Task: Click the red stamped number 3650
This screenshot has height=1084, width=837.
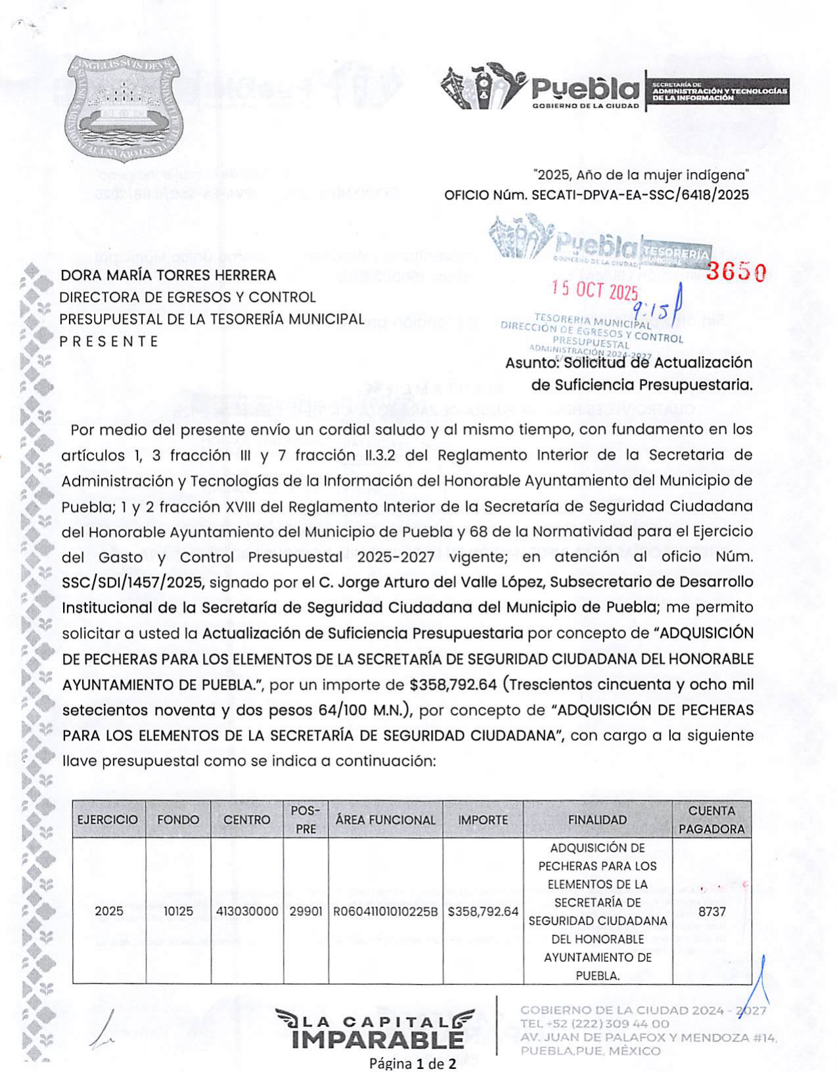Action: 735,272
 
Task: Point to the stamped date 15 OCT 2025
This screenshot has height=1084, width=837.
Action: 595,290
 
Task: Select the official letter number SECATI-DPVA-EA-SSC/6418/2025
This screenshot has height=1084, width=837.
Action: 640,195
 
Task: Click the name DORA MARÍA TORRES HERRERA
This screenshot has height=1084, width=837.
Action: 168,275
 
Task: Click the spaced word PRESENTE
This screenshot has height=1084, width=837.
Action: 109,341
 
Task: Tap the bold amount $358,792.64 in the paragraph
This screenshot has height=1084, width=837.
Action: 453,685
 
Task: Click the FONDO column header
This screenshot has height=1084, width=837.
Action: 178,819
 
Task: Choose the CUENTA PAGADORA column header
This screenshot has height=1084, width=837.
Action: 712,819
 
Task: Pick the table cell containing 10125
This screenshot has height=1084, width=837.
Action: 178,911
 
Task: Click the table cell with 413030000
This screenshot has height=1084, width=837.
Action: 247,911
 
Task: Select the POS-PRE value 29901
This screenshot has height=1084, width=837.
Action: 306,911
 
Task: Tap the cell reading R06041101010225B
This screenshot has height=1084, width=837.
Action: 386,911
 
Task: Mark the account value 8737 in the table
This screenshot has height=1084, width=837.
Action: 712,911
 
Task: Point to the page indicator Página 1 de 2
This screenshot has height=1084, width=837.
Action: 413,1064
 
